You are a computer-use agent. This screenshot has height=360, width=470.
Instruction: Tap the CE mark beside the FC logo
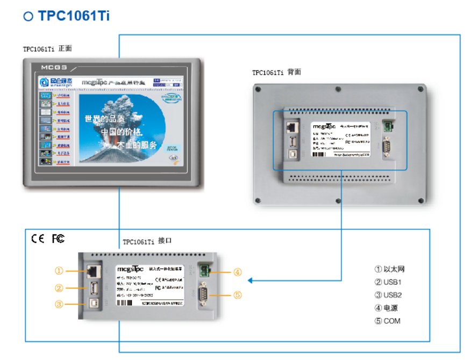[38, 239]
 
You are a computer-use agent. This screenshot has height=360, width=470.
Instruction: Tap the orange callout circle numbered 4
[238, 272]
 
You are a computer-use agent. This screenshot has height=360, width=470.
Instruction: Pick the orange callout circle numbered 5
[238, 294]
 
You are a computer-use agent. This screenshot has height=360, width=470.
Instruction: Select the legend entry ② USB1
[388, 282]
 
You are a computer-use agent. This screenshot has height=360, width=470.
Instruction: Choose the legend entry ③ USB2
[388, 295]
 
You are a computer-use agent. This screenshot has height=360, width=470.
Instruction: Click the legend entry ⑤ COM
[387, 321]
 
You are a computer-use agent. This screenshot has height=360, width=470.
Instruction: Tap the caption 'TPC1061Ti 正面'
[47, 49]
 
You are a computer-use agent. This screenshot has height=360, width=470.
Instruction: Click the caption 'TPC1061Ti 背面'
[276, 73]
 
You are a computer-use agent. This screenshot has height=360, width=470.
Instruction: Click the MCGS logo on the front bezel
[54, 68]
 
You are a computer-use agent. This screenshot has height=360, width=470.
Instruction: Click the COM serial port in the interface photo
[205, 294]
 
